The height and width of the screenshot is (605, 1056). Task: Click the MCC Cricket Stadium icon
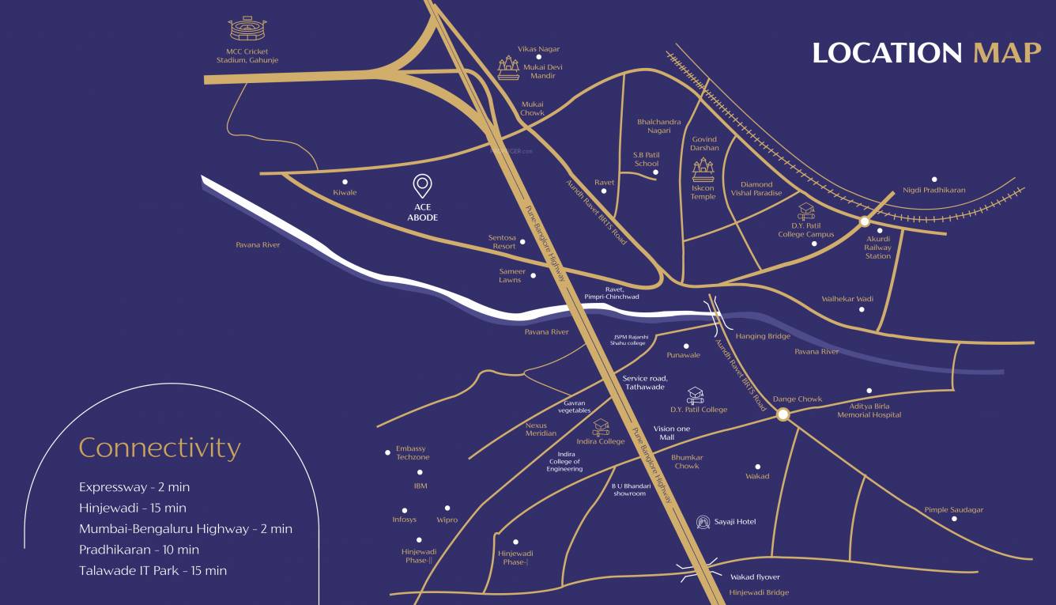point(247,29)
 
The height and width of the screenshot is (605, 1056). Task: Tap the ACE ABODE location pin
point(422,187)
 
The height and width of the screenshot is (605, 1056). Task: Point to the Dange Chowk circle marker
point(783,414)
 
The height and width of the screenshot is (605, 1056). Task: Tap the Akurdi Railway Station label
point(877,247)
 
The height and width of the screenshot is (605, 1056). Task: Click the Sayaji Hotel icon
point(703,522)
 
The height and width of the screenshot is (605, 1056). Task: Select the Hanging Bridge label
point(763,336)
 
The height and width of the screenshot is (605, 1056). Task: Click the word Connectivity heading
point(159,448)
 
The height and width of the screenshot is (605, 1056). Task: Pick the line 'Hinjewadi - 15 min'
point(133,508)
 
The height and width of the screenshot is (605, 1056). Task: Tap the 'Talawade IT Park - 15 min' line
point(153,570)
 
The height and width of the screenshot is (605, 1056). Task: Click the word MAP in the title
point(1007,53)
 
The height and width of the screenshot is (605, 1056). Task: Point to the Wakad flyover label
point(755,577)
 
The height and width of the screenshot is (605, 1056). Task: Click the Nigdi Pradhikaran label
point(933,190)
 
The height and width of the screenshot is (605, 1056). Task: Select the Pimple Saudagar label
point(953,510)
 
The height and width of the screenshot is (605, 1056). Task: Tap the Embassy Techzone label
point(413,452)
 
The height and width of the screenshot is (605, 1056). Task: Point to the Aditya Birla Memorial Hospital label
point(869,410)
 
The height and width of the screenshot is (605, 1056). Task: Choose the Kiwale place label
point(345,192)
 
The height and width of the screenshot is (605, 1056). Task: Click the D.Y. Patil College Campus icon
point(805,210)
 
